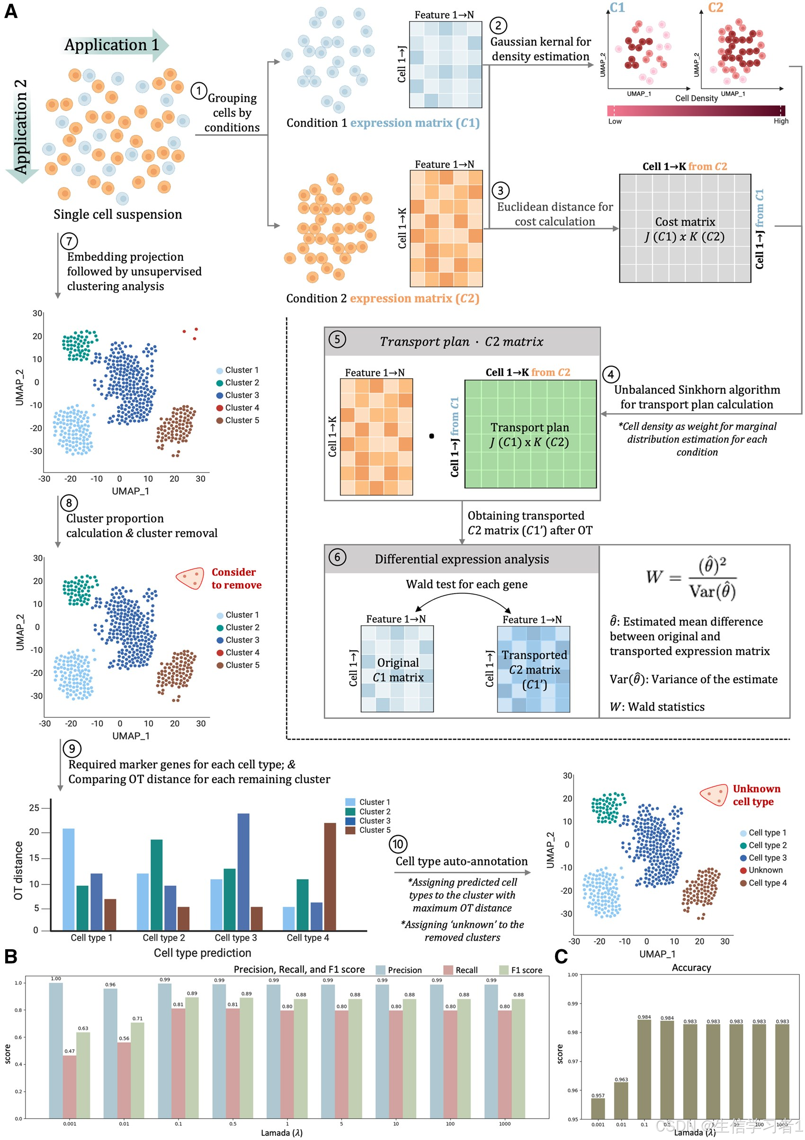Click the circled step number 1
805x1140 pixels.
[x=198, y=91]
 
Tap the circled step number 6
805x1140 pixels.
[x=337, y=557]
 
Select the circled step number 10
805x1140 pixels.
[x=398, y=844]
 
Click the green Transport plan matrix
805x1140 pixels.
[x=530, y=434]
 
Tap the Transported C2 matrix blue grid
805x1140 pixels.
[x=533, y=669]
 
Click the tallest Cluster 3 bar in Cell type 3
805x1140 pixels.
[x=243, y=872]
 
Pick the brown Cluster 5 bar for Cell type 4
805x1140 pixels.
[x=330, y=876]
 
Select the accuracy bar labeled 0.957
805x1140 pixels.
[x=598, y=1108]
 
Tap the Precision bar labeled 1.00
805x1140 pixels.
[x=55, y=1050]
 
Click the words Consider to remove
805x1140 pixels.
[x=236, y=579]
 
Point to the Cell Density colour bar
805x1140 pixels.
[x=695, y=111]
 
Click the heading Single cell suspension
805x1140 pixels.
[x=118, y=214]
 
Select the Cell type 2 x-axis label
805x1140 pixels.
[x=164, y=937]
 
